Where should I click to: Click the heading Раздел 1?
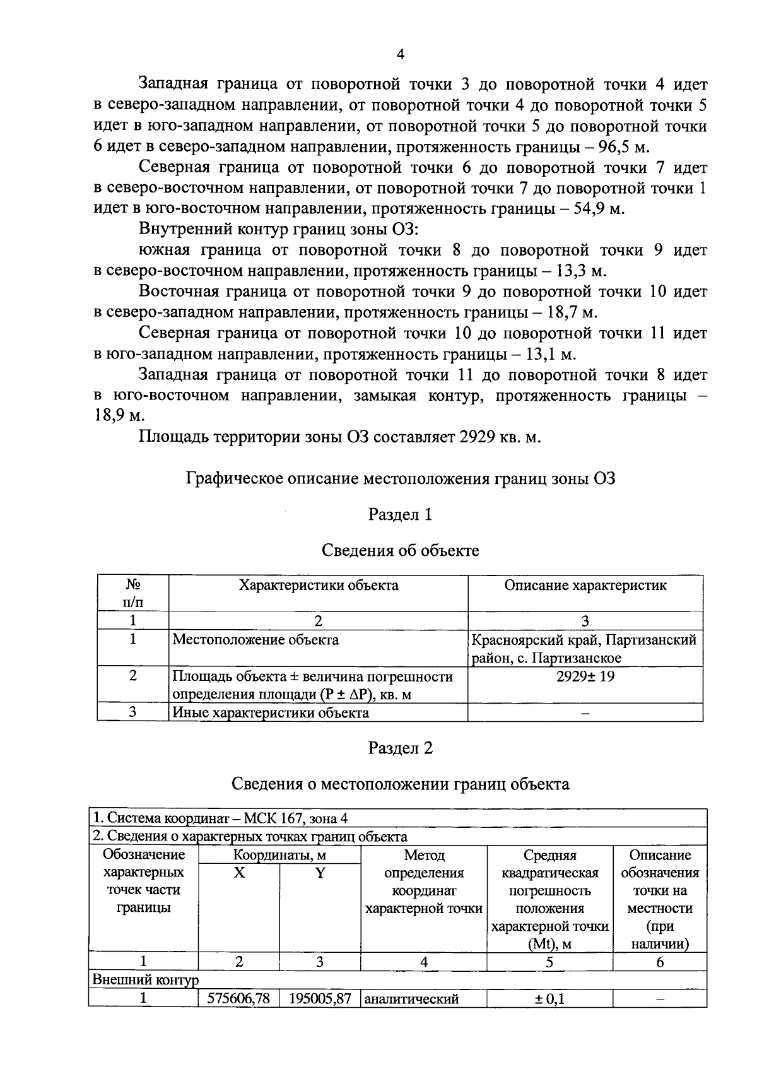tap(400, 514)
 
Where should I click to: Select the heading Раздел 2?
tap(400, 748)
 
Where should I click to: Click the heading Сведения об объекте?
tap(400, 550)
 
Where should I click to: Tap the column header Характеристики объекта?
tap(318, 585)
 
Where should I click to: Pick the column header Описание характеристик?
tap(585, 585)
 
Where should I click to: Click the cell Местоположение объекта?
tap(255, 640)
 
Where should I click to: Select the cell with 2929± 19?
tap(585, 676)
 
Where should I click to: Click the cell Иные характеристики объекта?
tap(271, 713)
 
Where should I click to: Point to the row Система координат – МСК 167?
tap(221, 818)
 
